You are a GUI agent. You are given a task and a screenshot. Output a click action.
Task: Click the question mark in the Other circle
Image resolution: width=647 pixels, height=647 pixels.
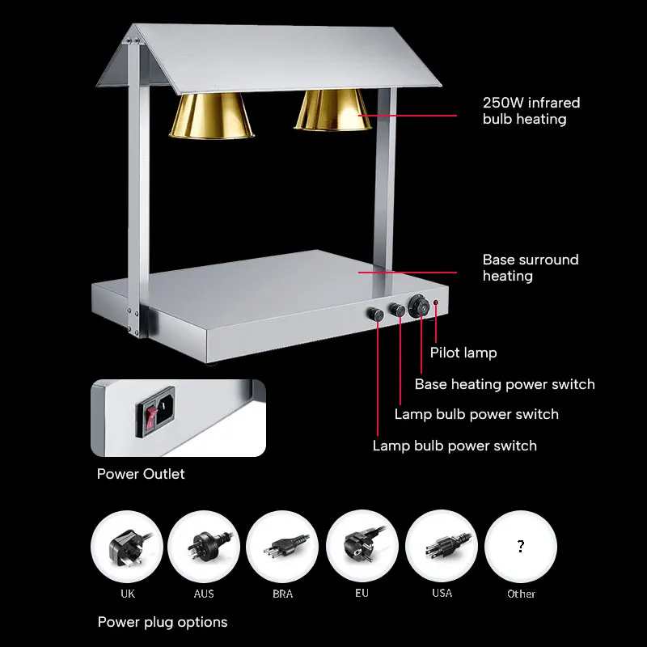[520, 547]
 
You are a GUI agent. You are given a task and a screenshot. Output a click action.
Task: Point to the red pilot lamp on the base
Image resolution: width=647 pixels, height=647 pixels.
[435, 304]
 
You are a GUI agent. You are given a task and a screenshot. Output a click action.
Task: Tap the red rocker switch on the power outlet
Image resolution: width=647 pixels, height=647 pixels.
[150, 417]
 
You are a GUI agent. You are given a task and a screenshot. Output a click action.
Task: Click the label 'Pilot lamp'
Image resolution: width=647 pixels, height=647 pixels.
[463, 353]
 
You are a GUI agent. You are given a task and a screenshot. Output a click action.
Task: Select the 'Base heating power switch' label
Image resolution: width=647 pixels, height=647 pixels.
[505, 384]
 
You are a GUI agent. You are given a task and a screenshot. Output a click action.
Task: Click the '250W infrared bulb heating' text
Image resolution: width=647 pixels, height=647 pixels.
[531, 111]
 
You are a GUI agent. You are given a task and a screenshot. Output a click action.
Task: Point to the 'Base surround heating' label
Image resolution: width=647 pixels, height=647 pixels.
[531, 268]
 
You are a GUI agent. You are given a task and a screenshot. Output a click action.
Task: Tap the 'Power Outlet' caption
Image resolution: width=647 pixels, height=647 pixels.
[141, 474]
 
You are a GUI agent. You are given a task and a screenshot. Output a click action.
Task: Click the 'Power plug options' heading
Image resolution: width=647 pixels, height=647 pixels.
[163, 622]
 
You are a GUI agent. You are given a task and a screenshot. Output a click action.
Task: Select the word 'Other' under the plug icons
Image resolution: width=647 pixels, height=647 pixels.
[521, 594]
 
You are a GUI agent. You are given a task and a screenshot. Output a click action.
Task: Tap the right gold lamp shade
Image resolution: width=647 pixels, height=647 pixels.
[332, 111]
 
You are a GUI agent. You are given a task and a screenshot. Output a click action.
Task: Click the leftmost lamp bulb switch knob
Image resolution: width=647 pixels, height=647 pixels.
[376, 314]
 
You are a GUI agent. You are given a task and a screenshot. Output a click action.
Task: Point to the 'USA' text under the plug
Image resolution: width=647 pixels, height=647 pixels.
[442, 593]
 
